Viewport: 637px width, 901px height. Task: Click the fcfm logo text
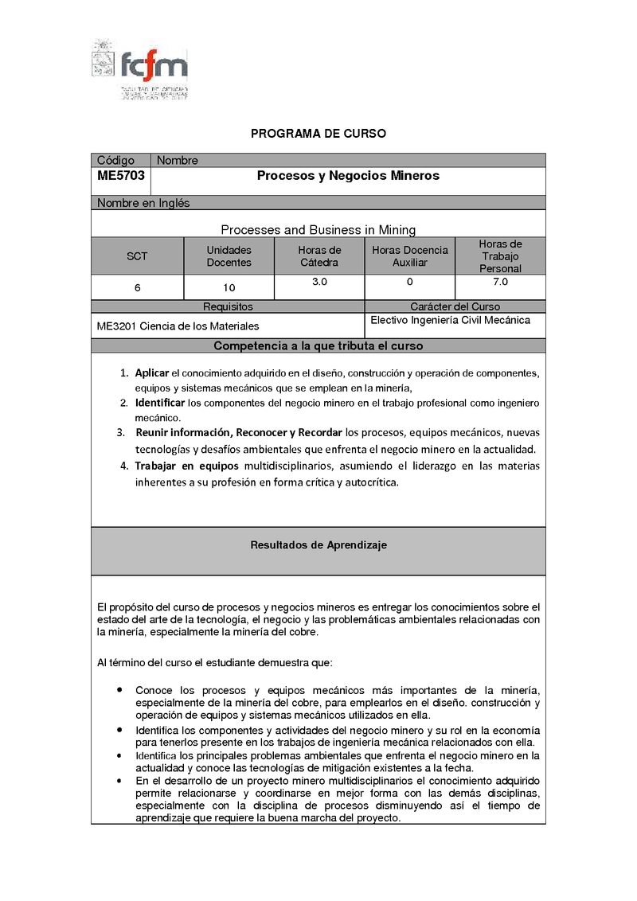pyautogui.click(x=154, y=63)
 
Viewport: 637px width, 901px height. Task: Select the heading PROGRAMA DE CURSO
pyautogui.click(x=318, y=134)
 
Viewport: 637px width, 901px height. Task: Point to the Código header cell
pyautogui.click(x=116, y=161)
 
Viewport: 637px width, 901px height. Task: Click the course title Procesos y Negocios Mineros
pyautogui.click(x=348, y=176)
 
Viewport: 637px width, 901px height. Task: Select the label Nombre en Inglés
pyautogui.click(x=143, y=203)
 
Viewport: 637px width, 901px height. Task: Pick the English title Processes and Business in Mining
pyautogui.click(x=318, y=230)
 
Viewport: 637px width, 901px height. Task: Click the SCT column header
pyautogui.click(x=137, y=256)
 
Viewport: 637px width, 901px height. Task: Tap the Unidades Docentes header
pyautogui.click(x=229, y=256)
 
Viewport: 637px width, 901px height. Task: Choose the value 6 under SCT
pyautogui.click(x=138, y=287)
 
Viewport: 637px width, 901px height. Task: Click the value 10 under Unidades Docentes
pyautogui.click(x=229, y=287)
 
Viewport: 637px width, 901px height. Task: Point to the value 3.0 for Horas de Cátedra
pyautogui.click(x=319, y=283)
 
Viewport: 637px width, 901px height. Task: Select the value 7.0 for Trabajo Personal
pyautogui.click(x=500, y=282)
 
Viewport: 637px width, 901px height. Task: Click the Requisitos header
pyautogui.click(x=228, y=306)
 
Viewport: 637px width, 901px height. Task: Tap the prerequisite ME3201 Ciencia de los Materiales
pyautogui.click(x=178, y=326)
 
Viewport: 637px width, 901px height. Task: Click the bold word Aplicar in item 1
pyautogui.click(x=151, y=373)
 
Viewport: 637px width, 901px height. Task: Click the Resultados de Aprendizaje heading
pyautogui.click(x=318, y=545)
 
